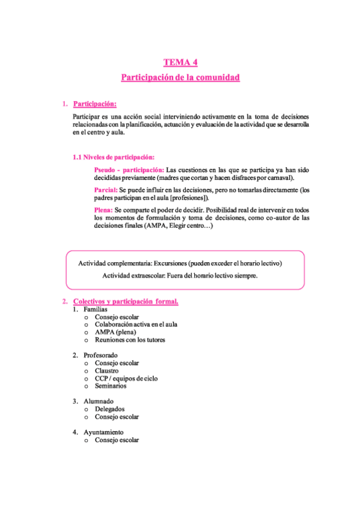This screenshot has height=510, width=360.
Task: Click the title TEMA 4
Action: coord(181,63)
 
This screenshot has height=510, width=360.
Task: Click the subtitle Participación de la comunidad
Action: coord(181,78)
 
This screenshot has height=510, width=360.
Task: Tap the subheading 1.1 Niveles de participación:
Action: coord(114,157)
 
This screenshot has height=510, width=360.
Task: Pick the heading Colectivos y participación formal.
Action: coord(126,301)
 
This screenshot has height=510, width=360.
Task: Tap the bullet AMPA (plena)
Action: coord(115,332)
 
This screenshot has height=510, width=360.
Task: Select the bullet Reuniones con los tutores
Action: coord(130,340)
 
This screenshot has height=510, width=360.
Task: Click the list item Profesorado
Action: coord(100,355)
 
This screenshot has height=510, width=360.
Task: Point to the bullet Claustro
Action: coord(106,371)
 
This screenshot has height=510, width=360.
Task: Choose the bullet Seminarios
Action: coord(111,386)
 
